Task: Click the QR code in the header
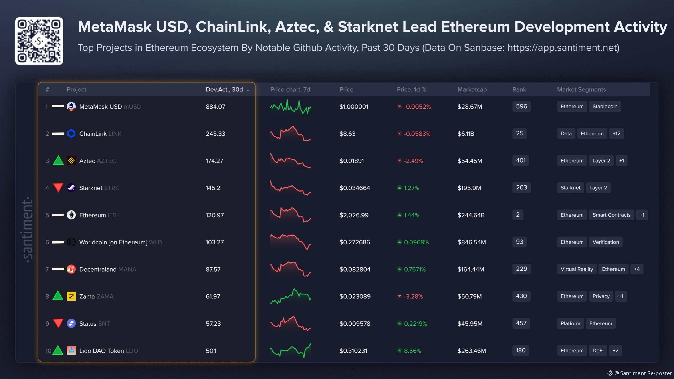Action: tap(39, 41)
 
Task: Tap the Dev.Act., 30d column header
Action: tap(224, 89)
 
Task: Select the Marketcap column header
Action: tap(472, 89)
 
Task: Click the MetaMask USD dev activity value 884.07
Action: tap(215, 107)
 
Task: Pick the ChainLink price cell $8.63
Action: tap(347, 134)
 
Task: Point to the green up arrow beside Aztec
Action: tap(58, 160)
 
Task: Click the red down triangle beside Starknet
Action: tap(58, 187)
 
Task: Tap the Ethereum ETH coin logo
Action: tap(71, 215)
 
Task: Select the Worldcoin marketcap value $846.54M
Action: tap(472, 242)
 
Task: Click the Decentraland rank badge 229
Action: tap(521, 269)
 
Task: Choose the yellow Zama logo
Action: tap(71, 296)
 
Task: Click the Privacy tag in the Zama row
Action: tap(601, 296)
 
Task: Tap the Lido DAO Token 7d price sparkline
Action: tap(291, 351)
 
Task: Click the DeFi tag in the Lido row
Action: tap(598, 351)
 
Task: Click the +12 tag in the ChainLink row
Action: tap(616, 134)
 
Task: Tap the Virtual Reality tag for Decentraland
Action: tap(577, 269)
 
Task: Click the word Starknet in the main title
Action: tap(368, 27)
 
